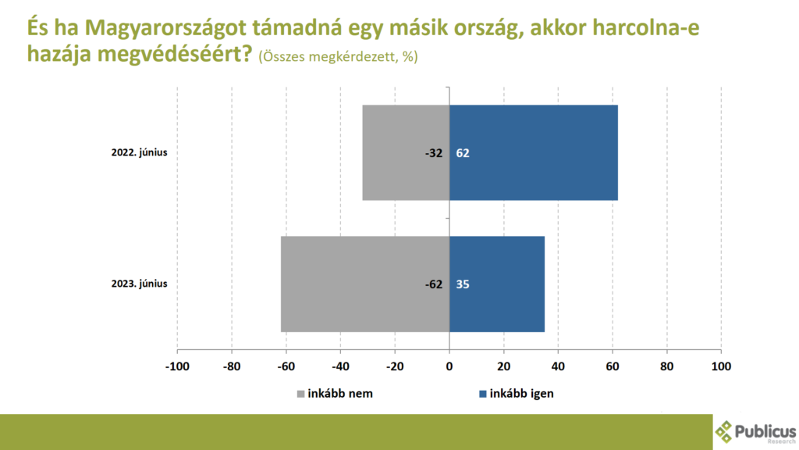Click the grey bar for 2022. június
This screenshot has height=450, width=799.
pos(406,152)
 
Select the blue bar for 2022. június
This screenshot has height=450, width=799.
pos(534,152)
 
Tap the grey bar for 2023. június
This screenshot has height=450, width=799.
pos(365,284)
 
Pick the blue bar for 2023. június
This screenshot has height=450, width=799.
pos(497,284)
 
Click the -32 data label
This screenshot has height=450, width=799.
pos(434,153)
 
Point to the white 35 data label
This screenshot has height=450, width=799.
pos(462,284)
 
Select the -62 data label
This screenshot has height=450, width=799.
pos(434,284)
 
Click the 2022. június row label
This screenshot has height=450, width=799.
pos(139,152)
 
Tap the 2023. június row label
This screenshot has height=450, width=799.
pos(139,284)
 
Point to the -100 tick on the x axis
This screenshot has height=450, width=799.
pos(177,366)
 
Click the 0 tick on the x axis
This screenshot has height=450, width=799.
pos(449,366)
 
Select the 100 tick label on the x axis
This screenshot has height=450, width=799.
pos(721,366)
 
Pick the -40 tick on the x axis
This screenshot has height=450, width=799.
pos(340,366)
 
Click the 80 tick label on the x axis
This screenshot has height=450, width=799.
pos(666,366)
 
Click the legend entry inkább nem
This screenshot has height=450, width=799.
pos(335,394)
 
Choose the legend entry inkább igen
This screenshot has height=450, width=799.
pos(517,394)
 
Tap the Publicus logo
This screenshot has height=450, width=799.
pos(755,432)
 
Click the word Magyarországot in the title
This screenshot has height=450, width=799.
pos(164,28)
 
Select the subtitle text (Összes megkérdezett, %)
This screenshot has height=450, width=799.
pos(338,56)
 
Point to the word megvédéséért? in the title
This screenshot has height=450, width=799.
pos(175,54)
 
